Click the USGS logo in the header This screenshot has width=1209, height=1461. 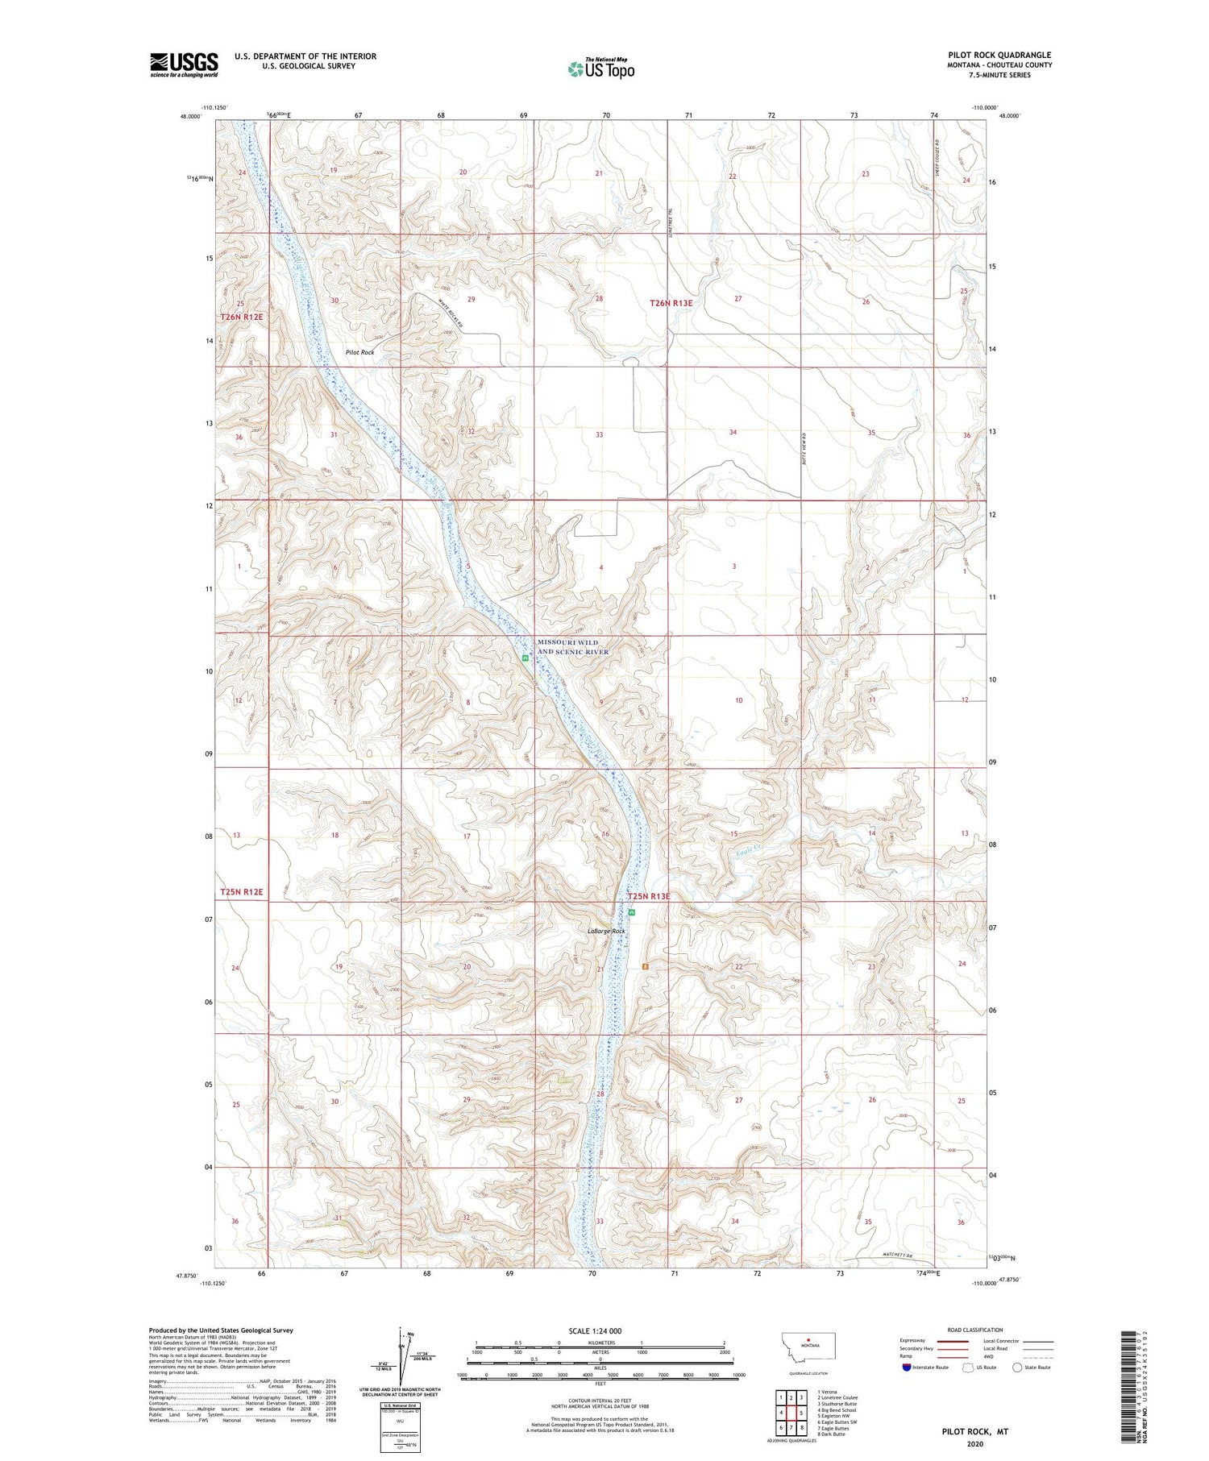pos(184,64)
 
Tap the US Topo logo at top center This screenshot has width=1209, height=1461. pos(600,69)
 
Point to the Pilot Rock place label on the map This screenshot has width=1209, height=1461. pos(359,352)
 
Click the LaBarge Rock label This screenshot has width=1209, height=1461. pos(606,931)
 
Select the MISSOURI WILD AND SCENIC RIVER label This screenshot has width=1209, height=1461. pos(573,646)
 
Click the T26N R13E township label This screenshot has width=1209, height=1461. pos(671,303)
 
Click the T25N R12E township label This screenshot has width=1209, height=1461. pos(242,892)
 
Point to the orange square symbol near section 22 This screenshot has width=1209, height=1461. pos(645,965)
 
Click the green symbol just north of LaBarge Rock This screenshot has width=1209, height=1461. pos(632,912)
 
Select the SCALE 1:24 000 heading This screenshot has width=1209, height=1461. pos(595,1330)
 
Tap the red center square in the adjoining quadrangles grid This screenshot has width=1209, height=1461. pos(801,1413)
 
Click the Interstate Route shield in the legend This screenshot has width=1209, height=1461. pos(906,1368)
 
